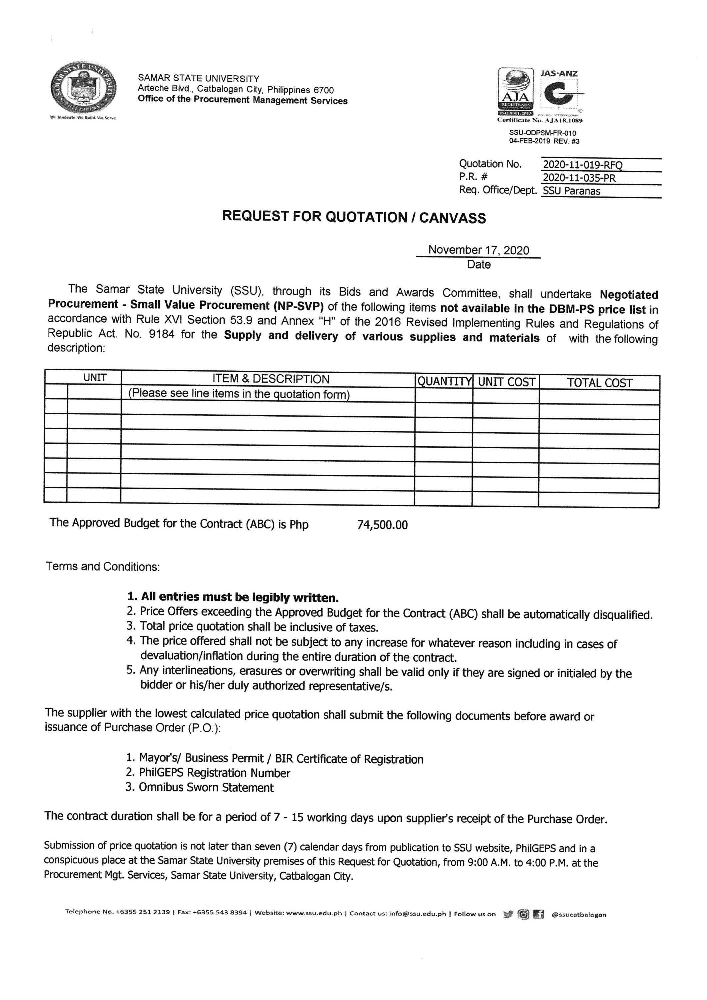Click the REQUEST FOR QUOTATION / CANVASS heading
pos(354,217)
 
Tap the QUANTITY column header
pos(444,382)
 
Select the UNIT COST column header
pos(506,382)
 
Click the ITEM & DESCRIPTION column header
pos(271,379)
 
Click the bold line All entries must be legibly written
pos(233,597)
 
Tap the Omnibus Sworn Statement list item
pos(206,787)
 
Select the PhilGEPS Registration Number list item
pos(214,773)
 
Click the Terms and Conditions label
pos(103,567)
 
